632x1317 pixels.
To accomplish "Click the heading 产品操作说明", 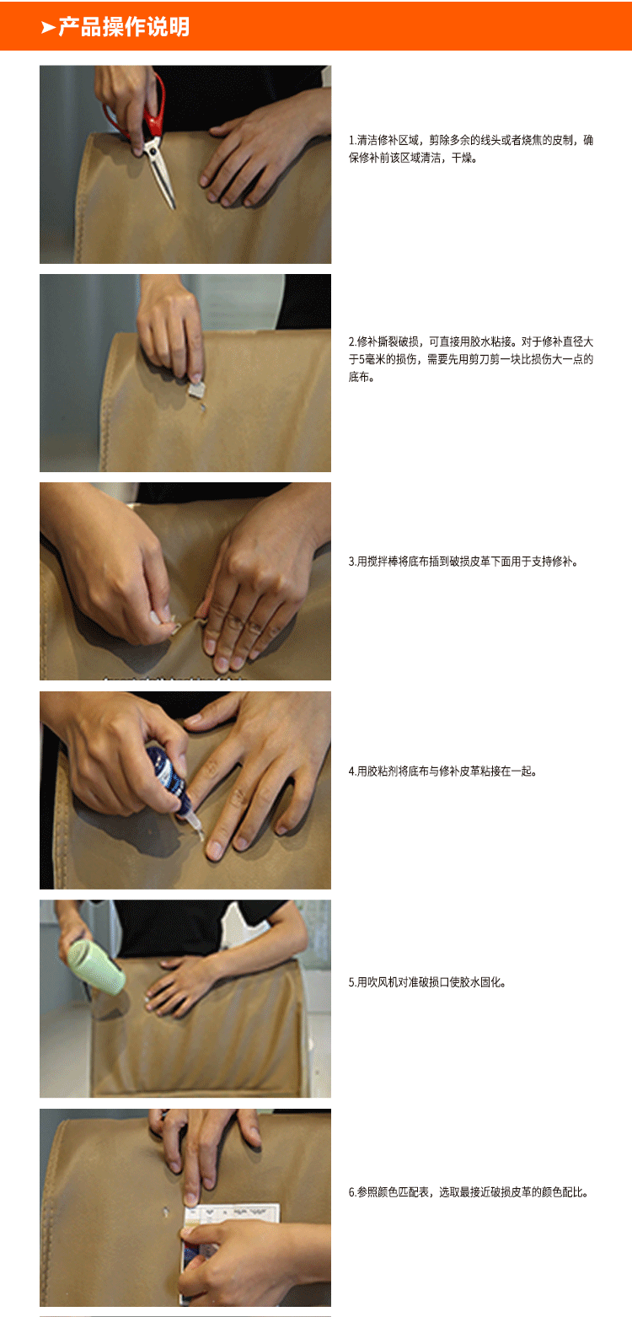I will [124, 27].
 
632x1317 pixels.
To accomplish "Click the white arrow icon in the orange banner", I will [47, 28].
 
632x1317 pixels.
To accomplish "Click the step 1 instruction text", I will [471, 148].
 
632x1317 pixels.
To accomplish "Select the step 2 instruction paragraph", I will [471, 359].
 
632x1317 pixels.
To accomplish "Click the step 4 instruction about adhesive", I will [442, 771].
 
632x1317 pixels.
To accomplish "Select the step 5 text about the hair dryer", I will [427, 982].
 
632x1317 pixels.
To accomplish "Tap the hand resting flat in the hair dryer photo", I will [181, 983].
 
